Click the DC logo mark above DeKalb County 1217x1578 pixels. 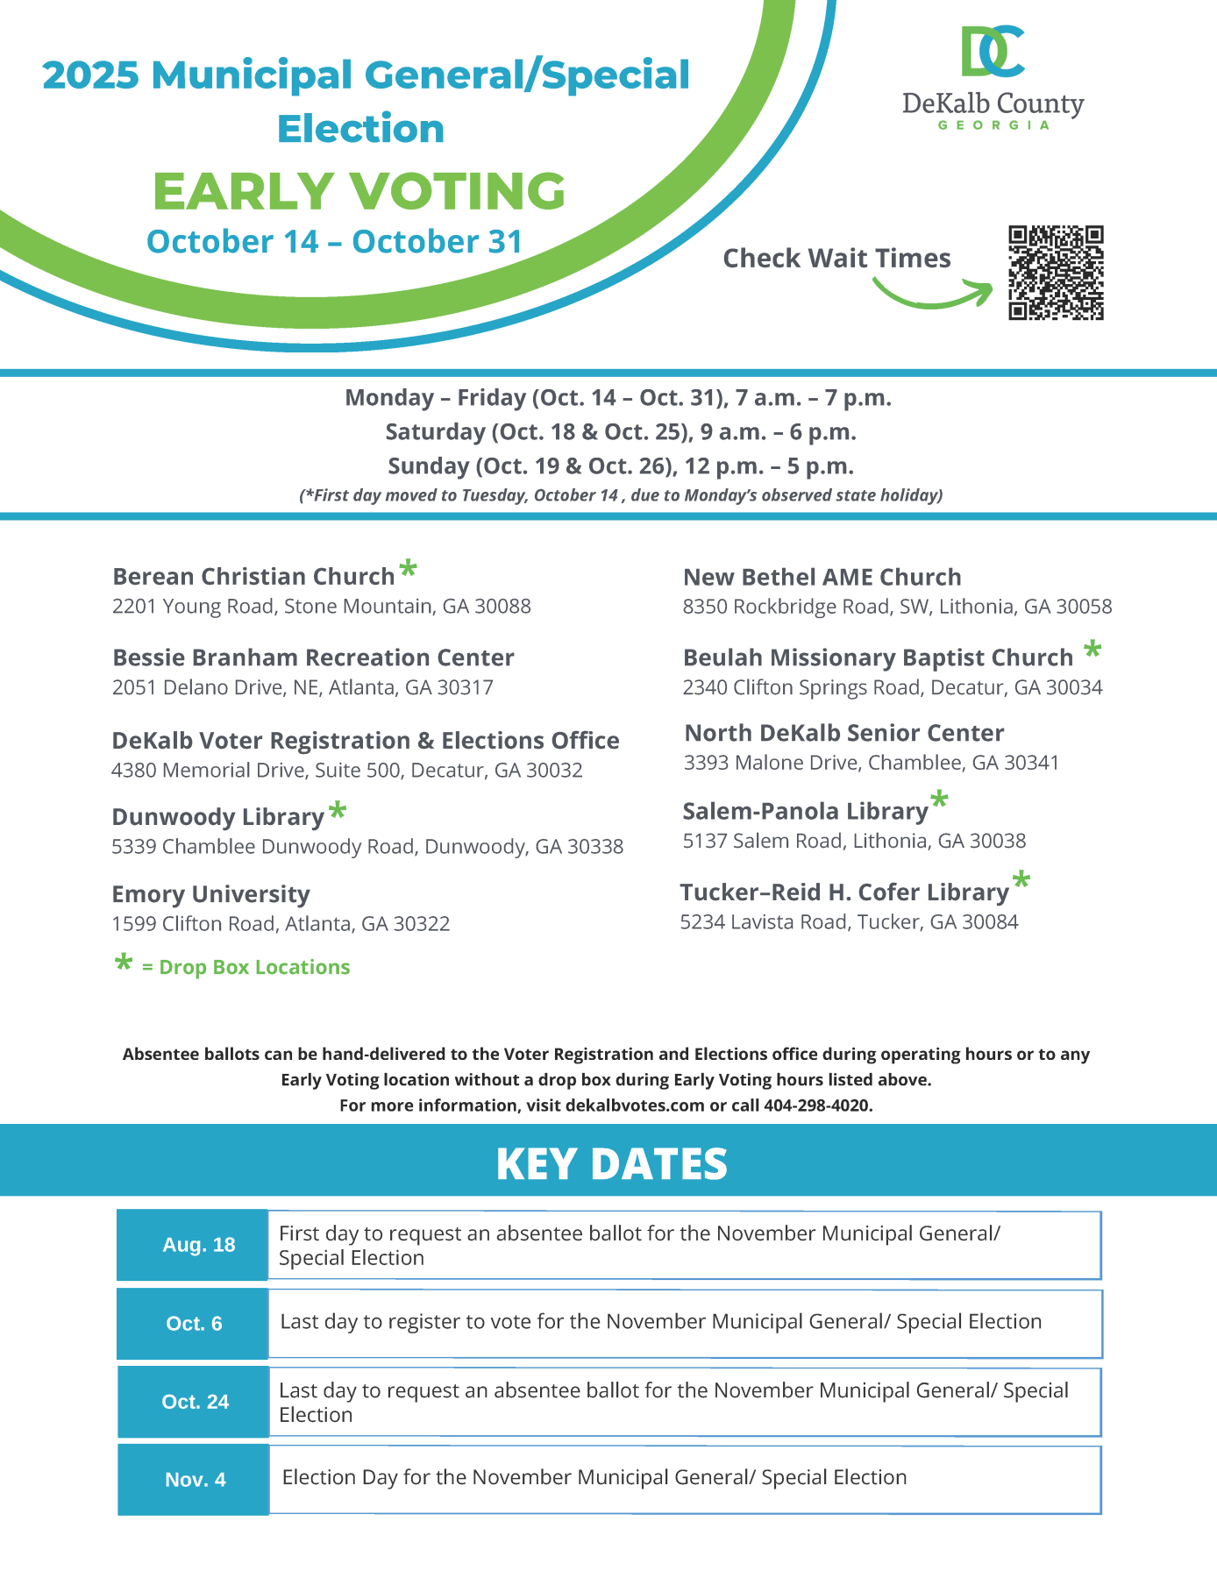[993, 51]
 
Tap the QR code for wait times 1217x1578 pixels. [1056, 273]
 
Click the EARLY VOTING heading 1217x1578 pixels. [359, 191]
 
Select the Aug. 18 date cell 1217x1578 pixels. [193, 1245]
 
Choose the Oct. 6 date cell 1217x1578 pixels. [193, 1323]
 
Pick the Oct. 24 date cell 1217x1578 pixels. [193, 1401]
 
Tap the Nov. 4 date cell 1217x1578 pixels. [193, 1479]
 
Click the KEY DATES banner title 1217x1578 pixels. [611, 1164]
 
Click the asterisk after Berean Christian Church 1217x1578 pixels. [408, 569]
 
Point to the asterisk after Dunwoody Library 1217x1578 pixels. [338, 811]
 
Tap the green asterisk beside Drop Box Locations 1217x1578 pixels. [124, 963]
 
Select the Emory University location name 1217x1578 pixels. [210, 894]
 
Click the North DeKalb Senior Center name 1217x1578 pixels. [843, 733]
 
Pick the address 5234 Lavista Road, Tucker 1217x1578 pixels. [849, 921]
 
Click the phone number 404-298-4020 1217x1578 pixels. [816, 1105]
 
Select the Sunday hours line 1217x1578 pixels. [620, 466]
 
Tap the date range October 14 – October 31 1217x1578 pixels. [334, 242]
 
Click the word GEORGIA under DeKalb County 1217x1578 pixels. [993, 125]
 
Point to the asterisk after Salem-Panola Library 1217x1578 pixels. [939, 799]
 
